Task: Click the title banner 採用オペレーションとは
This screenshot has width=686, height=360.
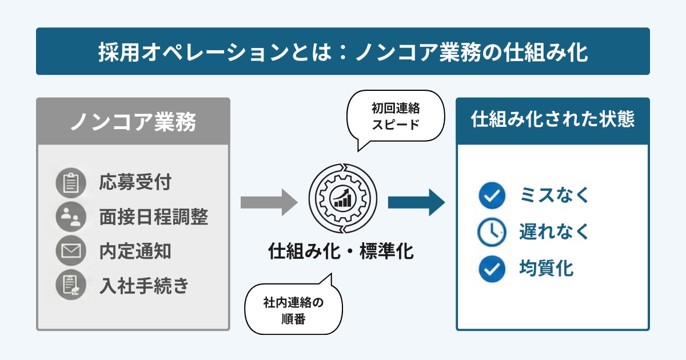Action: click(x=343, y=51)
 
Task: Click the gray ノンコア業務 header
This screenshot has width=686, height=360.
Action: click(x=133, y=121)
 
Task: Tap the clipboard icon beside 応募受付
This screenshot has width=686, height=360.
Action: click(x=71, y=183)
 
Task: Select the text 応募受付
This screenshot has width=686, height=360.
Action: click(x=135, y=183)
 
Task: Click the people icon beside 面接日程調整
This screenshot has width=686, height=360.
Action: click(x=71, y=217)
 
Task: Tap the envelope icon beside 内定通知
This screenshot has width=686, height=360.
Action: click(x=71, y=250)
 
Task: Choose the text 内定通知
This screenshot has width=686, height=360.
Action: click(x=135, y=250)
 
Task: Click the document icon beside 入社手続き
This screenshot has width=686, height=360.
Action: click(x=71, y=284)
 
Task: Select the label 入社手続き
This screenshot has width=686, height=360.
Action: click(x=143, y=284)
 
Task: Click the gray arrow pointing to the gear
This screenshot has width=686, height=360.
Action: click(x=269, y=202)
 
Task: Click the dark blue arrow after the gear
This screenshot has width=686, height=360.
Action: click(x=416, y=202)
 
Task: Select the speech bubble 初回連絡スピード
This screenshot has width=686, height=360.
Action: click(x=396, y=115)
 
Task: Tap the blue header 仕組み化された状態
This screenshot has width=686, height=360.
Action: click(x=552, y=120)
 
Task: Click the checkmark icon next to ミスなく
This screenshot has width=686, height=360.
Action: click(x=492, y=196)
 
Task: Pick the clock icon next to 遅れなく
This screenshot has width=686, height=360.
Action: click(x=492, y=231)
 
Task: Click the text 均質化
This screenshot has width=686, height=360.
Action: click(x=547, y=268)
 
